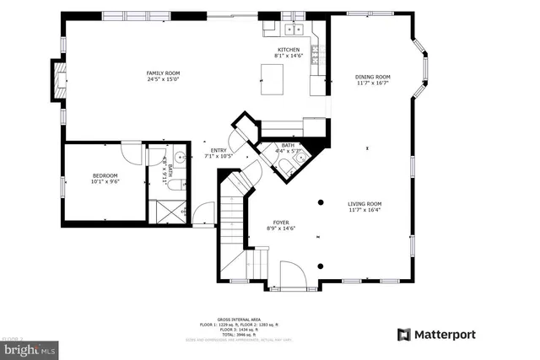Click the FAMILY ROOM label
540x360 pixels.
(x=164, y=73)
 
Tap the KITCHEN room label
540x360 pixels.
(x=289, y=50)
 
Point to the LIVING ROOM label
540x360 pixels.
(x=364, y=203)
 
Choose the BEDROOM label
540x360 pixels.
(x=105, y=175)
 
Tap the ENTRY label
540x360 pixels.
(x=219, y=151)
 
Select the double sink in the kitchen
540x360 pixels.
(x=294, y=30)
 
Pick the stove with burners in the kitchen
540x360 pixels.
(x=316, y=56)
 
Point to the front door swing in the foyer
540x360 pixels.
(x=292, y=275)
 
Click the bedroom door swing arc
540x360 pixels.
(x=132, y=153)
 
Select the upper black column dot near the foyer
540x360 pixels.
(x=321, y=202)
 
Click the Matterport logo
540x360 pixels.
(x=436, y=335)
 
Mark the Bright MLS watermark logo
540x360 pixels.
(x=27, y=347)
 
